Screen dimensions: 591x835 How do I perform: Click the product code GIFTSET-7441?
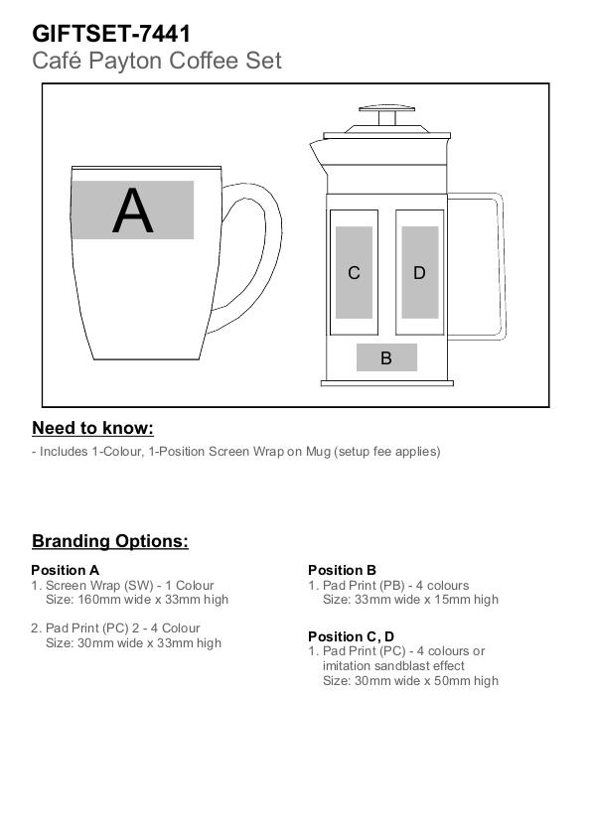(x=111, y=34)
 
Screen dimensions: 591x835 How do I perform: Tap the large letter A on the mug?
(x=133, y=210)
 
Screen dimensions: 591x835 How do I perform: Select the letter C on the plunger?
(x=354, y=273)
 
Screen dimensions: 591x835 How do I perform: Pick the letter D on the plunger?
(x=419, y=273)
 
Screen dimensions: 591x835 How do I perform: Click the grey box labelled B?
(x=386, y=357)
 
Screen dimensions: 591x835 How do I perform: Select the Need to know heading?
(x=92, y=429)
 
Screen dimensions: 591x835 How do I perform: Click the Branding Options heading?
(x=110, y=541)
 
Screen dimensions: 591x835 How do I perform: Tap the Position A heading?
(x=65, y=570)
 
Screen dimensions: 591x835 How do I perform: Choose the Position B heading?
(x=342, y=570)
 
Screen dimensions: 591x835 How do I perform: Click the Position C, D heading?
(x=352, y=636)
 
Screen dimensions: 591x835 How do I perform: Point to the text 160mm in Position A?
(x=96, y=600)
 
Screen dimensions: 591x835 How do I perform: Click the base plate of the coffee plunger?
(x=387, y=383)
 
